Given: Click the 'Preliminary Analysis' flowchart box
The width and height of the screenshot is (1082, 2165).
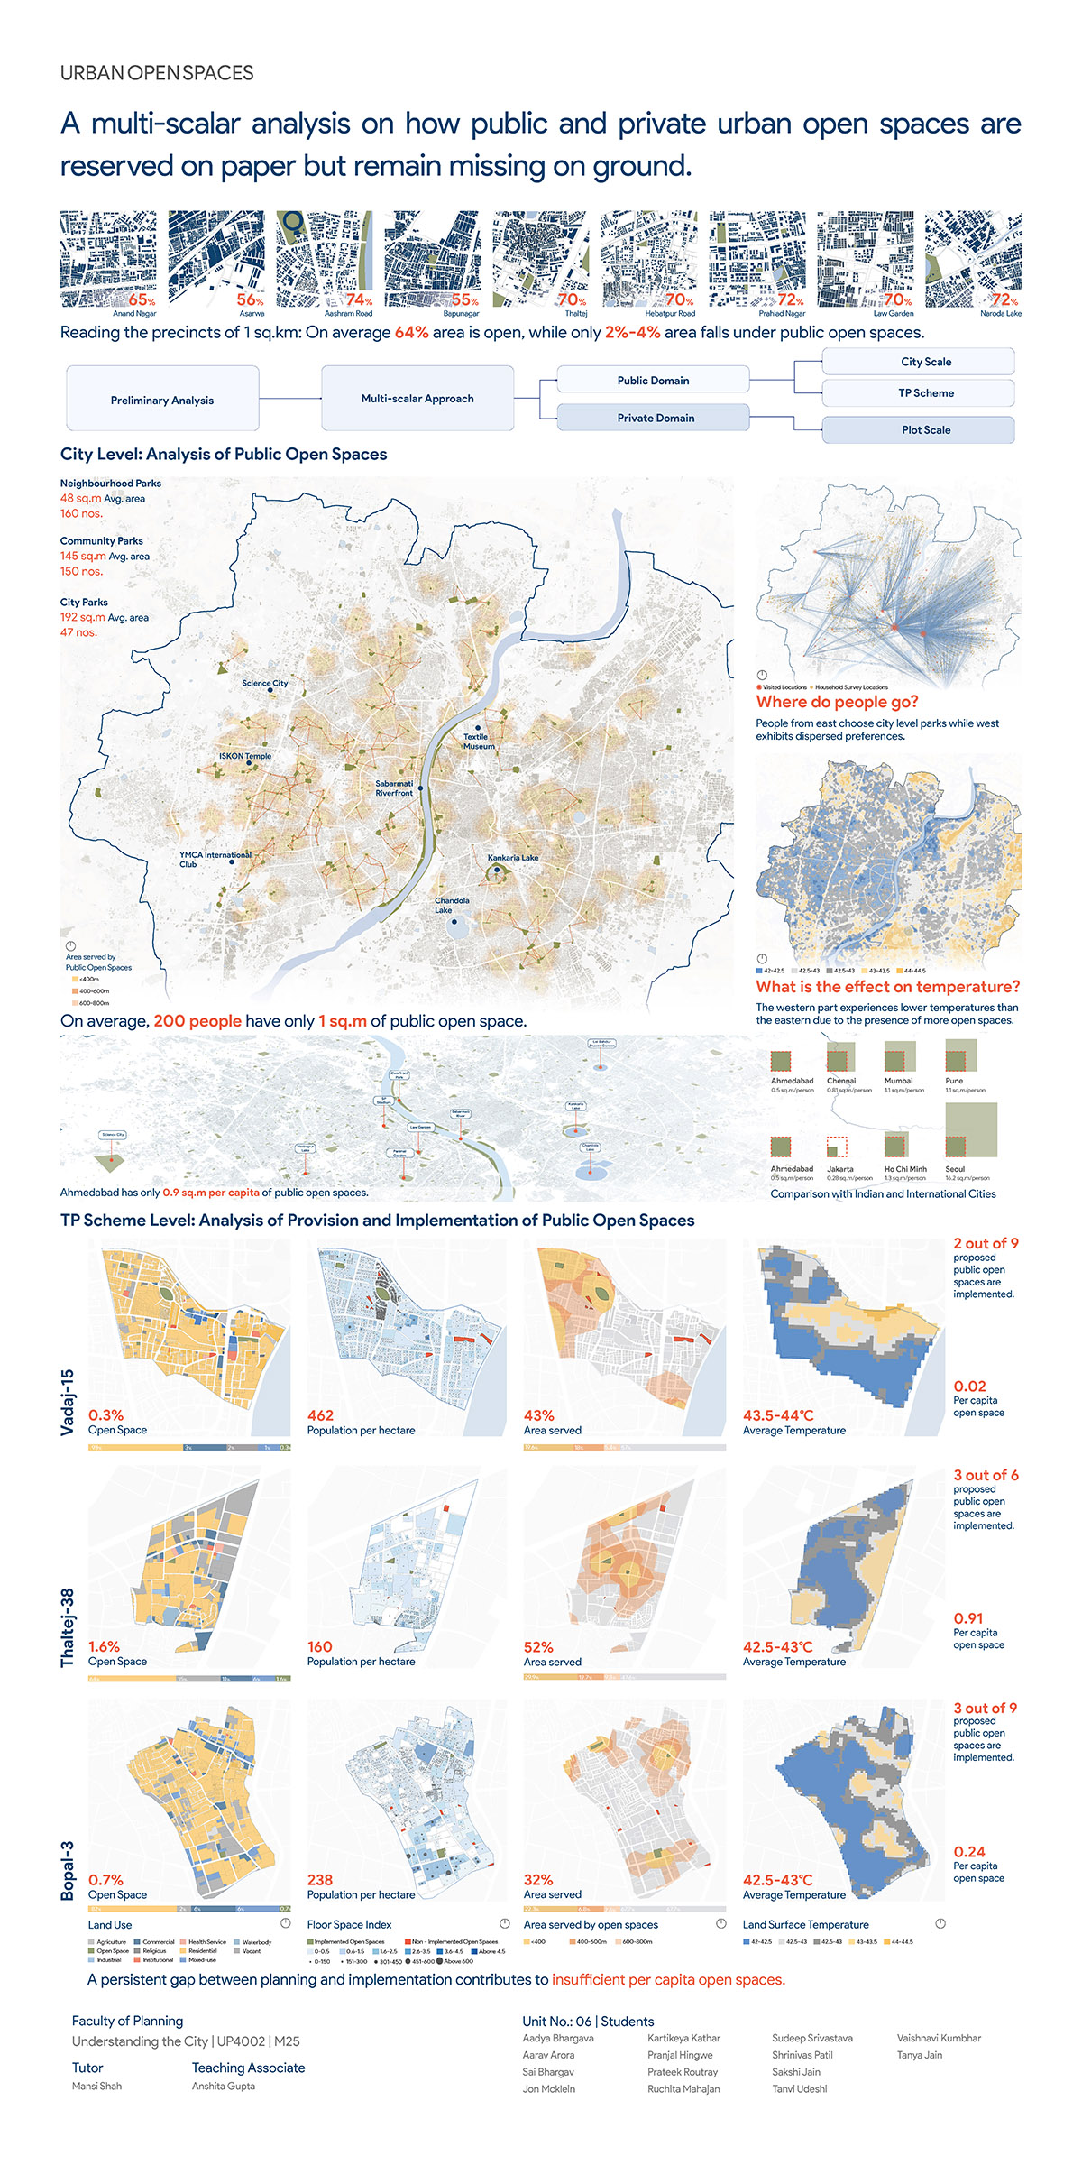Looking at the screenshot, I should click(x=162, y=400).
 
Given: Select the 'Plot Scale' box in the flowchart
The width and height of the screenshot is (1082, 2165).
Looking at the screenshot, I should click(x=926, y=430).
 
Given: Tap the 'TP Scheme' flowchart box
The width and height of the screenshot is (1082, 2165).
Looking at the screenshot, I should click(x=926, y=393).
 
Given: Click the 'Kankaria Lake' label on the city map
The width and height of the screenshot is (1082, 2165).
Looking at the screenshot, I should click(x=512, y=858).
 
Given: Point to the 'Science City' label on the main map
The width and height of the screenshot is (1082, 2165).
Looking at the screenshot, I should click(x=265, y=683).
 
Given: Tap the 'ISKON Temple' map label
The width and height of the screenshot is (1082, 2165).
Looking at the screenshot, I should click(x=245, y=756).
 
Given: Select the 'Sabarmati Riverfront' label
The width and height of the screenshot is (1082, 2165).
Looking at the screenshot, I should click(x=394, y=788).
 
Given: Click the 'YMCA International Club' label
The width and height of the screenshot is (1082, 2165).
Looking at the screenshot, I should click(x=215, y=859).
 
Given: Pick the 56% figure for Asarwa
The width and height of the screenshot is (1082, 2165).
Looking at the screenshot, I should click(x=250, y=299).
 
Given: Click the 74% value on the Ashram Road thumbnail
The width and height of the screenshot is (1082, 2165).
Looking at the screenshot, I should click(x=359, y=299).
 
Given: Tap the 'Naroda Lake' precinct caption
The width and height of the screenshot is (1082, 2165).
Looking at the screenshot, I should click(x=1001, y=314).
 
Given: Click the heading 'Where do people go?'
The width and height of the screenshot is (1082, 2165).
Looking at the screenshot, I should click(x=837, y=702).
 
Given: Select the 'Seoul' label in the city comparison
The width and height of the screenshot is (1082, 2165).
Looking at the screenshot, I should click(x=955, y=1169).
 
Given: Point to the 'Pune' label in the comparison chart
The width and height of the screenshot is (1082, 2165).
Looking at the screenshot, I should click(x=954, y=1081).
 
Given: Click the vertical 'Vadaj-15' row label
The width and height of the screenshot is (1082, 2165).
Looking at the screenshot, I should click(x=68, y=1402).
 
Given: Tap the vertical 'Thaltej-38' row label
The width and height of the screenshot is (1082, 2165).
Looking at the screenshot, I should click(x=68, y=1627).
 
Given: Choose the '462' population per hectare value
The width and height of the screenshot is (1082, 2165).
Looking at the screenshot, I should click(x=320, y=1415).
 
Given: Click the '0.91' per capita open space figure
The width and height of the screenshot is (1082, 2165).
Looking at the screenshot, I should click(x=968, y=1618).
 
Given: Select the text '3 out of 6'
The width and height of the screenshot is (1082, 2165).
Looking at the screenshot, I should click(x=986, y=1475).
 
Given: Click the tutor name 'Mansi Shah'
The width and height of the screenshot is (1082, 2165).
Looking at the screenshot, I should click(x=96, y=2086).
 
